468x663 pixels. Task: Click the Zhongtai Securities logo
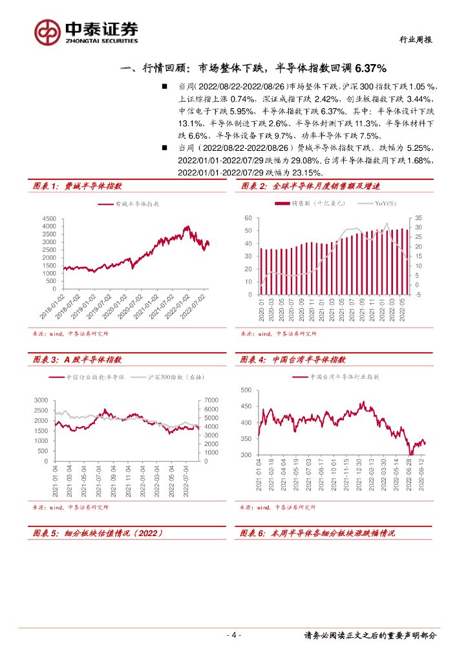click(x=86, y=31)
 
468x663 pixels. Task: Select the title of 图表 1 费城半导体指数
click(x=78, y=186)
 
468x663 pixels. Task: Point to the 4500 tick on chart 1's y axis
click(x=49, y=219)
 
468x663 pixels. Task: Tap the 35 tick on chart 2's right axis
click(x=418, y=218)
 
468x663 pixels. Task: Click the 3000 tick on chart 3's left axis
click(x=40, y=400)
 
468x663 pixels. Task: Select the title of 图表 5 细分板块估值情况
click(x=97, y=534)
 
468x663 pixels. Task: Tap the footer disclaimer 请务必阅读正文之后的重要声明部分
click(x=370, y=635)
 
